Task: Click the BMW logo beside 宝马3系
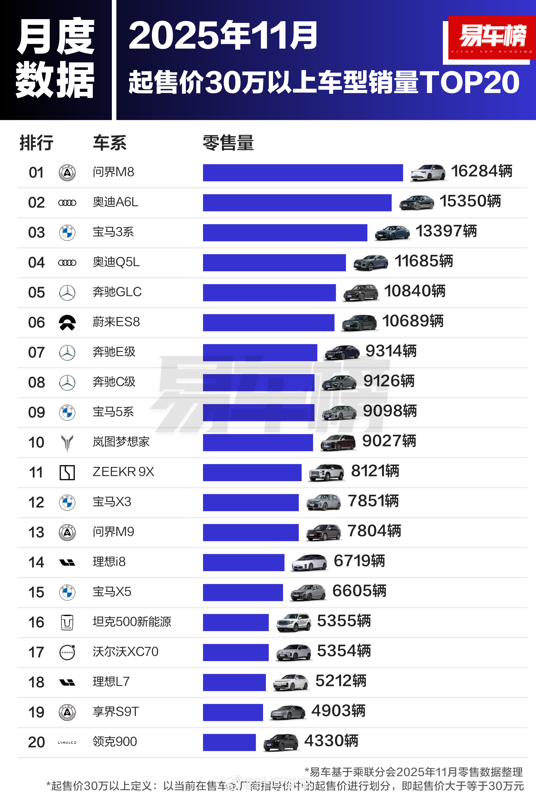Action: coord(67,233)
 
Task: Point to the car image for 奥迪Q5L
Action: coord(370,263)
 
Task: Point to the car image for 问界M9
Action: coord(323,532)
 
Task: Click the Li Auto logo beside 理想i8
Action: coord(67,562)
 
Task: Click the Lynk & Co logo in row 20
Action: coord(67,742)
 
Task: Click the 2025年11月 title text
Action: coord(223,35)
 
